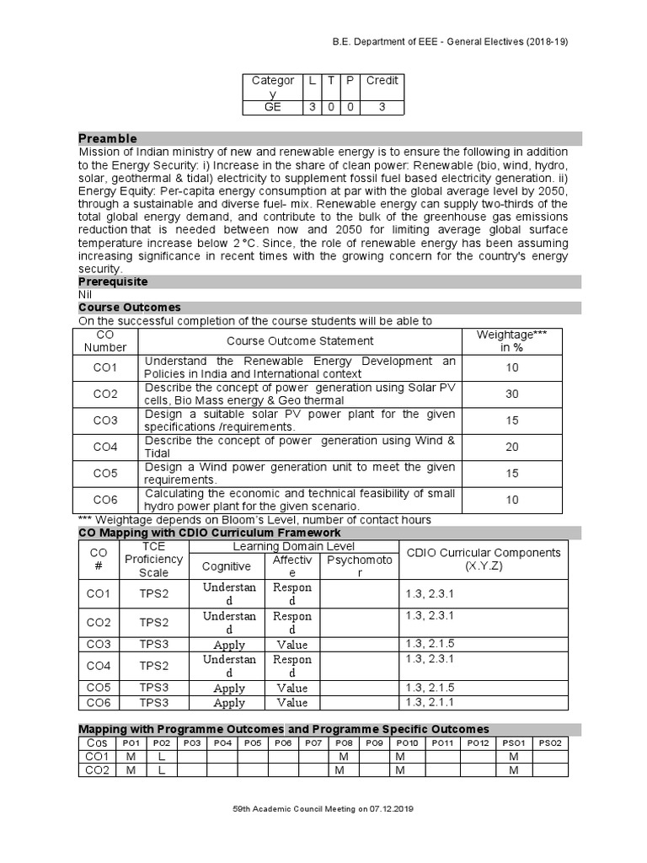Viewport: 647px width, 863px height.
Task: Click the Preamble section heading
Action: [x=108, y=138]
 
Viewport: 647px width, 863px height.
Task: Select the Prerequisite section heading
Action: [x=114, y=281]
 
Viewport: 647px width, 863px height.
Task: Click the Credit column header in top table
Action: [x=382, y=80]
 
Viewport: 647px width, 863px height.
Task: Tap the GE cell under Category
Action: [x=273, y=107]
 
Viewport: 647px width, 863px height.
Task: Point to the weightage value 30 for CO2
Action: [x=511, y=394]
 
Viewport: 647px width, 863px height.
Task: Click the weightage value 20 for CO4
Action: [x=511, y=447]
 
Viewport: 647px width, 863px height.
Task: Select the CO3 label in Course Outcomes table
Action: [x=106, y=421]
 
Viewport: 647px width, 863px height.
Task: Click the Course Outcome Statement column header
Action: [x=300, y=340]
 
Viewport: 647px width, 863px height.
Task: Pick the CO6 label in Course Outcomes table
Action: [x=106, y=500]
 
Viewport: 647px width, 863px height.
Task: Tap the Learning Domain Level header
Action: [x=295, y=547]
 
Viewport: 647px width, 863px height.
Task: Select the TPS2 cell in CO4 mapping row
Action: [x=154, y=666]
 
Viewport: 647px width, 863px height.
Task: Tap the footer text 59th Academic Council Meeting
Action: [x=323, y=808]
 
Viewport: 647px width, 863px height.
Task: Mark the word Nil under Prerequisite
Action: [x=85, y=295]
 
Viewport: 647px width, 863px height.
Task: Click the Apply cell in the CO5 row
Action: [x=229, y=688]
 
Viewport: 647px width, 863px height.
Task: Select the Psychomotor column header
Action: [x=359, y=566]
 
